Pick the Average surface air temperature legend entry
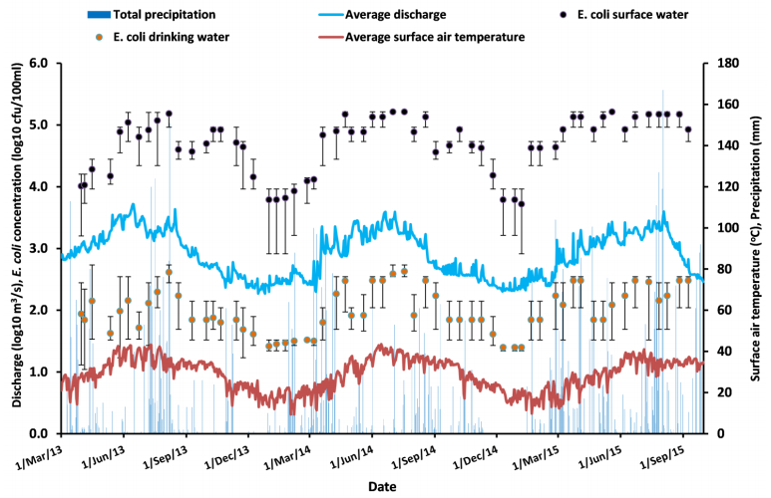pos(435,38)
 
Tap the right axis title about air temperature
pos(755,248)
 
